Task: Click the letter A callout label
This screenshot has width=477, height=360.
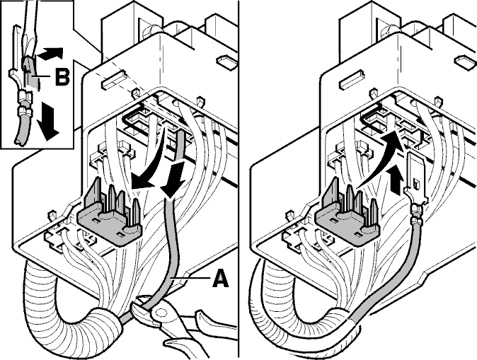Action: (x=221, y=279)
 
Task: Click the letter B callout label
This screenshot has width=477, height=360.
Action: (x=62, y=76)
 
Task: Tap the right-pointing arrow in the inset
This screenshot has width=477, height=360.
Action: (x=50, y=54)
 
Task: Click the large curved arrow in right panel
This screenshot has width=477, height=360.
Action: (x=377, y=158)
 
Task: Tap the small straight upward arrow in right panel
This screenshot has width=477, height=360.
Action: (x=396, y=178)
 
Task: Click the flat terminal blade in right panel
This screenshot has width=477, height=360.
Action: (x=415, y=177)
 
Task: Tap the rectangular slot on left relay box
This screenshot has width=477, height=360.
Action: (x=114, y=80)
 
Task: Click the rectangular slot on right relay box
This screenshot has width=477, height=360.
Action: (x=352, y=80)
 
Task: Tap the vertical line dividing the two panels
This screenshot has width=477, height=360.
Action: (x=238, y=180)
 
